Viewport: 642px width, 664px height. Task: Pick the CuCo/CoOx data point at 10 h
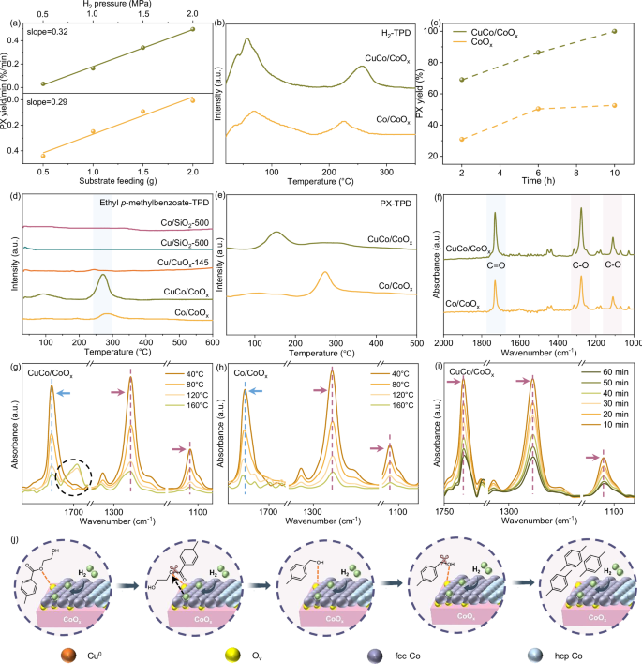(614, 32)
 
